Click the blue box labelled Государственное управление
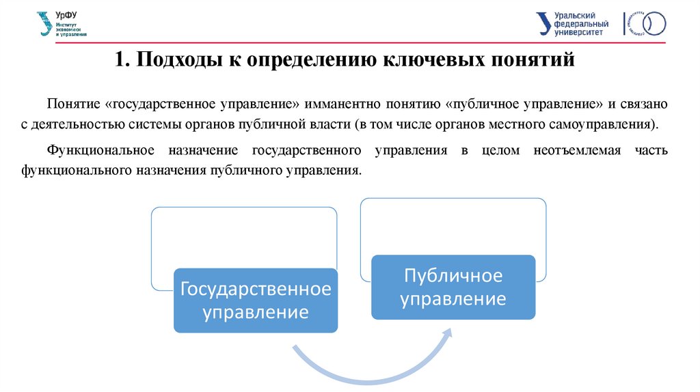[x=255, y=300]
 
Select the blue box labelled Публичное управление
[x=453, y=287]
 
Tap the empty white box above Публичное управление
[x=453, y=225]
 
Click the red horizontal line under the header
[x=350, y=43]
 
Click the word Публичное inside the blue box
[x=453, y=276]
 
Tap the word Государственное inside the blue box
[x=255, y=289]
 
